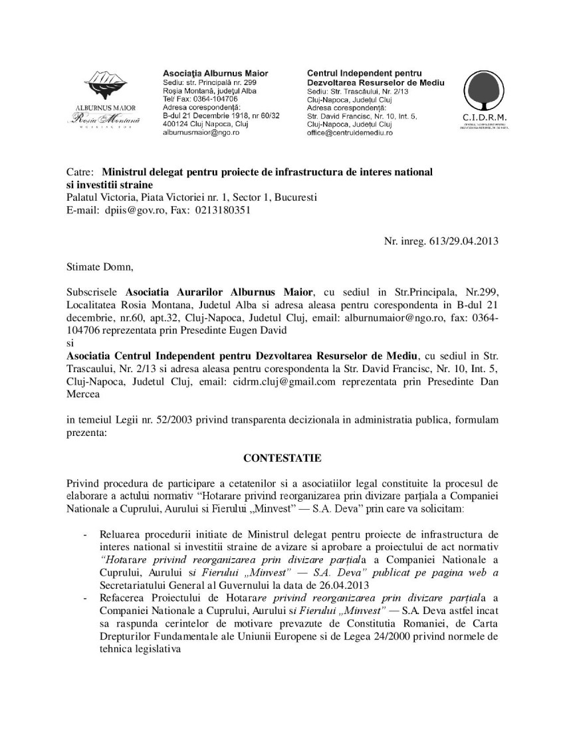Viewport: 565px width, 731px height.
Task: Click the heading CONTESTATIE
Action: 282,458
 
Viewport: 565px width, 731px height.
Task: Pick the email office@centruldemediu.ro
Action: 350,133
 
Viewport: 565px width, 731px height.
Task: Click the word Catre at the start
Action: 79,172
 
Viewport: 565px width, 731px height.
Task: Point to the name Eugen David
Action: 271,330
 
